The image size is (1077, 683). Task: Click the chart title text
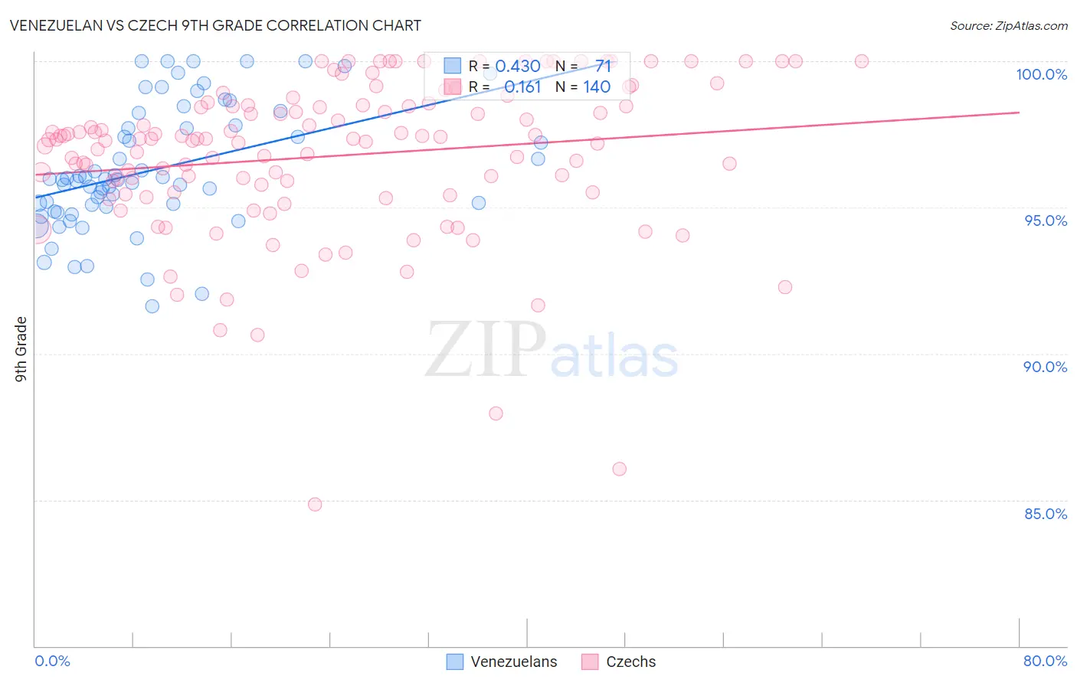tap(215, 25)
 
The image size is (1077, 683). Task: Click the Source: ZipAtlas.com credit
tap(1008, 26)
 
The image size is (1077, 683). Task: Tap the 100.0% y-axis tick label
tap(1041, 74)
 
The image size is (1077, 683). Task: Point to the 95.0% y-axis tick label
tap(1046, 221)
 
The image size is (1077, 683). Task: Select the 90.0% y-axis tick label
tap(1045, 367)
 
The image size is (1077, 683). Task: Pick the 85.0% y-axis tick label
tap(1046, 514)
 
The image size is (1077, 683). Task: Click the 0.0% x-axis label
tap(52, 661)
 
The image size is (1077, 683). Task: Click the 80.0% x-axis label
tap(1045, 661)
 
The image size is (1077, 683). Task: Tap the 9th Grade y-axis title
tap(21, 349)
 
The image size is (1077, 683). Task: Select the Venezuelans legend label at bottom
tap(513, 662)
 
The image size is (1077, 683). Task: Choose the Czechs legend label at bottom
tap(630, 662)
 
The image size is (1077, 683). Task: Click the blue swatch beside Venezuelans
tap(455, 662)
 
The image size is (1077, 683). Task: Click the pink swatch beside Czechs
tap(589, 662)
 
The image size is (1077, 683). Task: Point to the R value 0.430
tap(518, 66)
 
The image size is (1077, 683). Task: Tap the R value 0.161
tap(522, 87)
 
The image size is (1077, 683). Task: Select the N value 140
tap(597, 87)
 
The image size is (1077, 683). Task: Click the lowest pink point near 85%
tap(315, 505)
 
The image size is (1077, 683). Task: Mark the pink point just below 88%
tap(496, 413)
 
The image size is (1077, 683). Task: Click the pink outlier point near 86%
tap(620, 469)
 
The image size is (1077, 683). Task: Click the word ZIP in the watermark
tap(485, 350)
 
